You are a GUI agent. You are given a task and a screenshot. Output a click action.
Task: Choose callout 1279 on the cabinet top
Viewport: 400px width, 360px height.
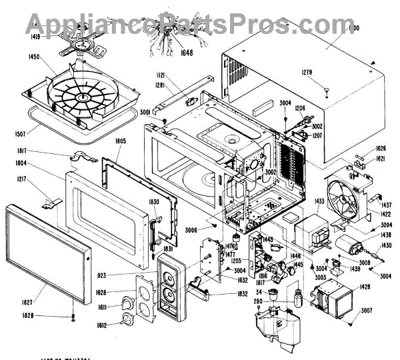(x=325, y=72)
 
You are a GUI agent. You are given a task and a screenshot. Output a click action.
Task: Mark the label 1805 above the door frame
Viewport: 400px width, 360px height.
(x=120, y=141)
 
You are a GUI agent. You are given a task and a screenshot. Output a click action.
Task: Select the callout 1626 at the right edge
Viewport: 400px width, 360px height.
(x=381, y=148)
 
